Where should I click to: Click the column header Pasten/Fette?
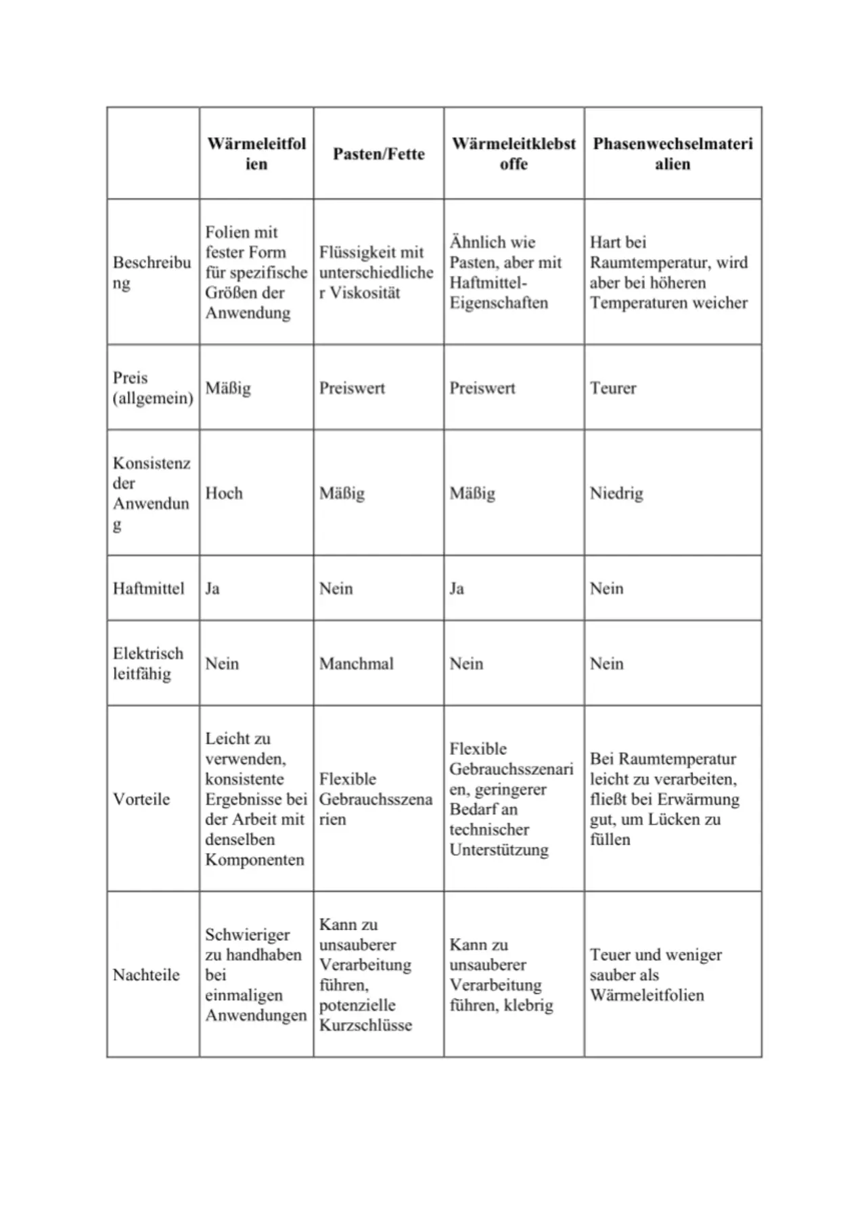pyautogui.click(x=378, y=154)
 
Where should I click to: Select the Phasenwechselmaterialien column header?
pyautogui.click(x=673, y=154)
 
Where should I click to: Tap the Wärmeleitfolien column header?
pyautogui.click(x=256, y=154)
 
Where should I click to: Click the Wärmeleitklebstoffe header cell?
pyautogui.click(x=514, y=154)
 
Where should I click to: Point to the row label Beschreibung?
pyautogui.click(x=152, y=272)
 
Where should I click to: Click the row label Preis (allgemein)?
pyautogui.click(x=152, y=388)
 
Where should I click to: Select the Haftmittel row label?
pyautogui.click(x=148, y=588)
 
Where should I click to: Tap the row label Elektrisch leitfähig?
pyautogui.click(x=147, y=664)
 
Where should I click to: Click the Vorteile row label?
pyautogui.click(x=141, y=799)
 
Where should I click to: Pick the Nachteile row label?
pyautogui.click(x=146, y=975)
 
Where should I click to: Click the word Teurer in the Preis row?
pyautogui.click(x=613, y=388)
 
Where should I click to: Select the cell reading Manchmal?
pyautogui.click(x=357, y=664)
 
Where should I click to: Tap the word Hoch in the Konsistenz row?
pyautogui.click(x=224, y=493)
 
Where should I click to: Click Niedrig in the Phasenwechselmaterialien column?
pyautogui.click(x=616, y=493)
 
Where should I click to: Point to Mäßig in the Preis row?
pyautogui.click(x=228, y=388)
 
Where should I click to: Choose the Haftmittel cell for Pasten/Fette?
pyautogui.click(x=336, y=588)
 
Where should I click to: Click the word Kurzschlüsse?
pyautogui.click(x=365, y=1025)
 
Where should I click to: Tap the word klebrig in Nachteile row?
pyautogui.click(x=528, y=1005)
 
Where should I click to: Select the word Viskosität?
pyautogui.click(x=365, y=293)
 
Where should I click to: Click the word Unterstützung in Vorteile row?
pyautogui.click(x=499, y=850)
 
